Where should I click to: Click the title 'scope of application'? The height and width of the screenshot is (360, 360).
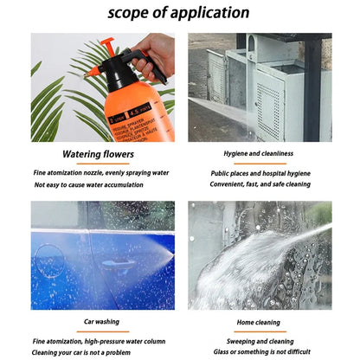179,13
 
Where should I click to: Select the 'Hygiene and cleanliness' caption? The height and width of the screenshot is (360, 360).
259,156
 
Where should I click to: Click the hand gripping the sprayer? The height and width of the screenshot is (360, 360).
155,52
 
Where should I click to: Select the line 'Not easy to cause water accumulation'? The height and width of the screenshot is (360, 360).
89,184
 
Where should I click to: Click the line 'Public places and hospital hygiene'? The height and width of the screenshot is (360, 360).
259,172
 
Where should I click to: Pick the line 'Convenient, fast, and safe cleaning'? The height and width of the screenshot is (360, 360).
259,184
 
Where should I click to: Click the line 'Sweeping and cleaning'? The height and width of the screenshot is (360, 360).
259,341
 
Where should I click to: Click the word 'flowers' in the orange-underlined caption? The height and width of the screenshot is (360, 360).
119,156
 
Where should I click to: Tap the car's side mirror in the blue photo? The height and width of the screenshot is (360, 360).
113,265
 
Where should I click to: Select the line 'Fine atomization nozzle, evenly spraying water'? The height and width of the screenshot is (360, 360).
101,172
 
